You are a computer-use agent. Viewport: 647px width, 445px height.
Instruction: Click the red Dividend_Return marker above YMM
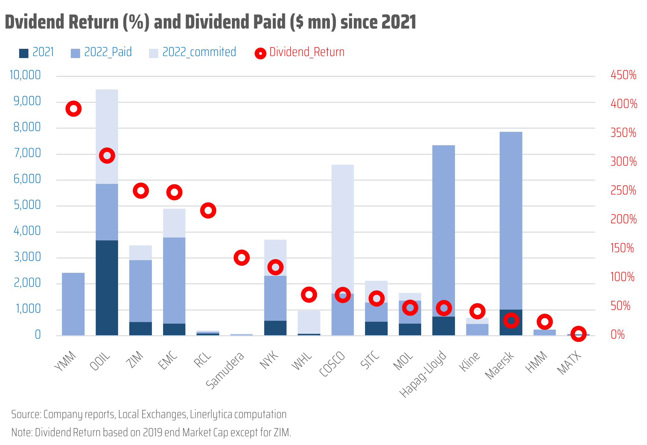pyautogui.click(x=73, y=109)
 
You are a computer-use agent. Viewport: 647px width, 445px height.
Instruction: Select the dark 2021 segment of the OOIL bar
pyautogui.click(x=107, y=287)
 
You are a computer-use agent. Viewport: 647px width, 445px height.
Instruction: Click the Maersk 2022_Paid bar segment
pyautogui.click(x=511, y=220)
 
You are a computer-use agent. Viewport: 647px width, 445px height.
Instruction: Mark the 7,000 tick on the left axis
pyautogui.click(x=27, y=153)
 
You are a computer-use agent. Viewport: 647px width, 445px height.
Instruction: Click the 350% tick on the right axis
pyautogui.click(x=623, y=133)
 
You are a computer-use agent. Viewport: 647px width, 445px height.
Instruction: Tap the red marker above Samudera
pyautogui.click(x=242, y=257)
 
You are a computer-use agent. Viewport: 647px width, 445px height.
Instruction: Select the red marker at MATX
pyautogui.click(x=578, y=334)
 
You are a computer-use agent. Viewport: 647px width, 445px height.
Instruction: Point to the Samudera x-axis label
pyautogui.click(x=225, y=370)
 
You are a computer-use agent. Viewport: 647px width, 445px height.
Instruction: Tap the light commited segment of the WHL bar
pyautogui.click(x=309, y=322)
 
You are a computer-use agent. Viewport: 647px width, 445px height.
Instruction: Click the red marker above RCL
pyautogui.click(x=208, y=211)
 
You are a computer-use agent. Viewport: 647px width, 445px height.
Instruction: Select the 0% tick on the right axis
pyautogui.click(x=617, y=335)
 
